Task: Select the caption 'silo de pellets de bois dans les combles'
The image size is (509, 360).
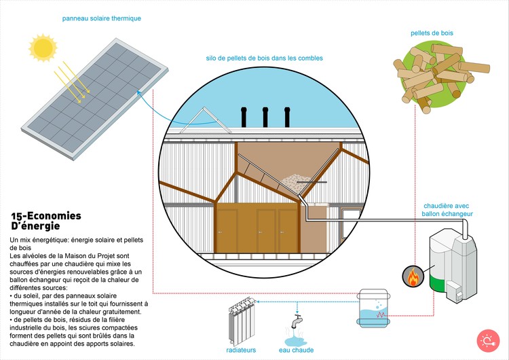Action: tap(264, 58)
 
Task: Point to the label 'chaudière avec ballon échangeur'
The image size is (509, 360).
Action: tap(448, 209)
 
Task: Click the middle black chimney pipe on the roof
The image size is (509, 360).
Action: tap(265, 117)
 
